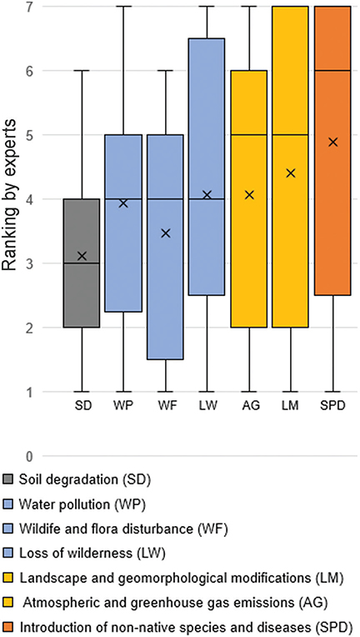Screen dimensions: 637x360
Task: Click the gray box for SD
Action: pos(82,292)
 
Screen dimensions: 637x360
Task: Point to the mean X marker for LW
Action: pos(207,195)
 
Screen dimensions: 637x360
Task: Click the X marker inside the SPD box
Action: pos(332,142)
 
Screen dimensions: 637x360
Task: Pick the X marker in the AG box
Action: pos(248,195)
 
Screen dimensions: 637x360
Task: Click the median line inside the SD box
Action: pos(82,263)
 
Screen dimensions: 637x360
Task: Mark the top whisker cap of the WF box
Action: pos(165,71)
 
